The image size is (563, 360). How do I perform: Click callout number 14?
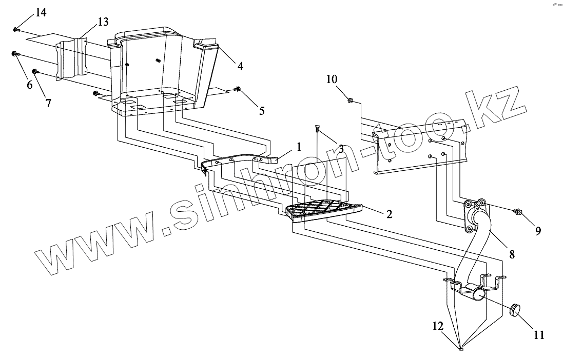coord(41,13)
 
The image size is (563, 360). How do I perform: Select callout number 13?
coord(103,22)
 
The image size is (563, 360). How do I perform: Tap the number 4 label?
coord(239,66)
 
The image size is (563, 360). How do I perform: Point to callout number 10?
coord(332,79)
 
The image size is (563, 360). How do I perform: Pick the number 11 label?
coord(538,335)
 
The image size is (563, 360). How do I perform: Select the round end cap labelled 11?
coord(514,309)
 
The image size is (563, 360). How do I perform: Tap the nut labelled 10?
coord(350,101)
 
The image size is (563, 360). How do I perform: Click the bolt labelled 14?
coord(15,30)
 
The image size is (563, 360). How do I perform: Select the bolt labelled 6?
coord(14,53)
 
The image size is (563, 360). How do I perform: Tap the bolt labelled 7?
coord(35,71)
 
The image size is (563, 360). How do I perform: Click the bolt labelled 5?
coord(239,89)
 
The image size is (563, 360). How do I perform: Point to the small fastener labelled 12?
coord(461,350)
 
